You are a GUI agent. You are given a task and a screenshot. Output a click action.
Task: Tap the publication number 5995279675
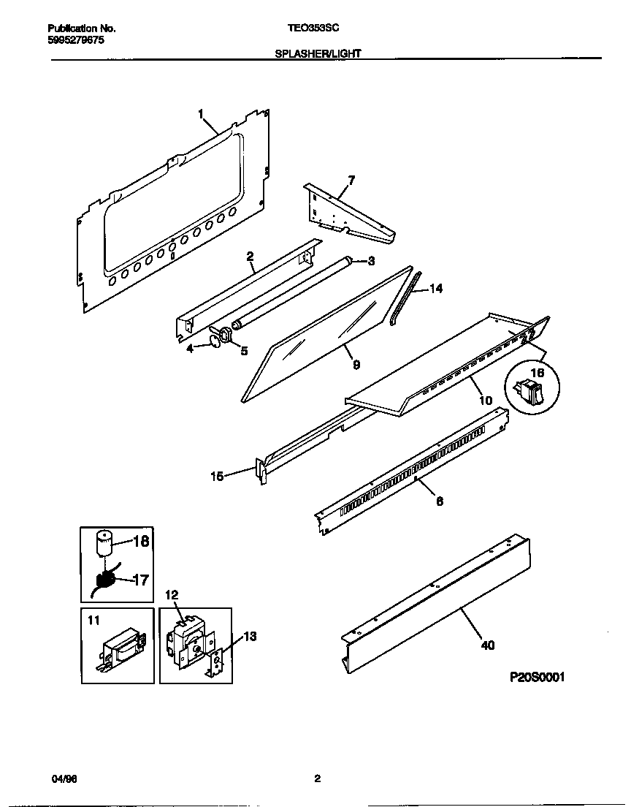point(76,40)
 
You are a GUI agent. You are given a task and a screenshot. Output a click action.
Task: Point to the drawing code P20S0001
point(537,677)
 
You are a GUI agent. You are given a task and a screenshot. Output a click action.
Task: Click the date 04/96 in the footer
point(65,779)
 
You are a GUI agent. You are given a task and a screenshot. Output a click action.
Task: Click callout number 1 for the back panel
point(201,113)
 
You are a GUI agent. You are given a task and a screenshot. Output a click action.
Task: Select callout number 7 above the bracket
point(351,179)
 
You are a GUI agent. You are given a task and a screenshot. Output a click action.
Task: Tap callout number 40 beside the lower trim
point(487,645)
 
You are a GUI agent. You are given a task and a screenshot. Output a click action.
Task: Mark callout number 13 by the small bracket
point(249,637)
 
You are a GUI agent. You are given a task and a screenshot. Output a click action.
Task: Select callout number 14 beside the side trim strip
point(436,289)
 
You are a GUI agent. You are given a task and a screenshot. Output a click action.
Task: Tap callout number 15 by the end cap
point(217,477)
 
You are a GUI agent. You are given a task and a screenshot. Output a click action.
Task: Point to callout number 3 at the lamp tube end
point(370,261)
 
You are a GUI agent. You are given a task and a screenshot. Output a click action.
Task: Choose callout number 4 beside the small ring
point(190,349)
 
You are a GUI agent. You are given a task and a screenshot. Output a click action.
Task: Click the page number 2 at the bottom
point(317,779)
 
